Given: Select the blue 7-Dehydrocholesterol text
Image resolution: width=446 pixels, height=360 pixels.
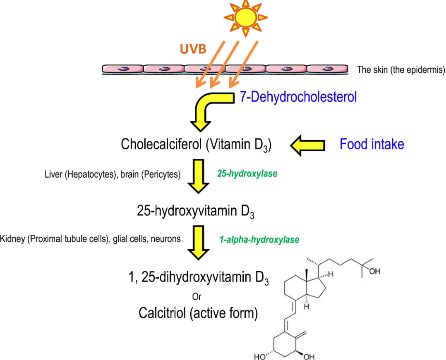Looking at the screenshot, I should (298, 97).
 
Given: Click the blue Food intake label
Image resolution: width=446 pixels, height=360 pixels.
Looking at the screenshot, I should (372, 144).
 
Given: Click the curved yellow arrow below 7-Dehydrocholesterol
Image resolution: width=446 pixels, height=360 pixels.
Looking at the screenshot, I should (207, 108).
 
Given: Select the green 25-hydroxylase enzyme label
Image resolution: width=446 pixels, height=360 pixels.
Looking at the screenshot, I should (247, 174).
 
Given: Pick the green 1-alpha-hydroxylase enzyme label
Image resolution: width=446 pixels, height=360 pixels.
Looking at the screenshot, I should (259, 239).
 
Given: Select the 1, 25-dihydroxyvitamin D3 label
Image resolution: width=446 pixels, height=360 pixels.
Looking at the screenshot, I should (198, 278).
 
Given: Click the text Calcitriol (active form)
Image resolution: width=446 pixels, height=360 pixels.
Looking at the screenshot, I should (198, 313).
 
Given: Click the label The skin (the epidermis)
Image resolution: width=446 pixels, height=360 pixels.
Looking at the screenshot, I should (400, 69).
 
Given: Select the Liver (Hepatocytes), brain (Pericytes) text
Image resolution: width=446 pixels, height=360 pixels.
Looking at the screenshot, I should (112, 174).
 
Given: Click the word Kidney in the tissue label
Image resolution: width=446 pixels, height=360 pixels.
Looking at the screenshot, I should (13, 239).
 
